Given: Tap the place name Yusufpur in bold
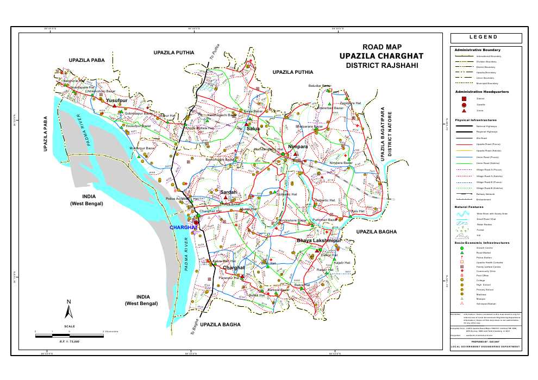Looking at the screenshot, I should tap(117, 101).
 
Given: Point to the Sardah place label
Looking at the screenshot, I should tap(228, 192).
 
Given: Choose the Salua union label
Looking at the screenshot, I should tap(253, 129).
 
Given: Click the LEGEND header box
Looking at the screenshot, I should tap(486, 37).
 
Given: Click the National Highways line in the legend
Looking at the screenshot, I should tap(464, 125).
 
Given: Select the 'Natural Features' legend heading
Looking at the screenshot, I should tap(468, 207).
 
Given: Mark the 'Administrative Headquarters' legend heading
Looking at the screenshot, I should tap(481, 92).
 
